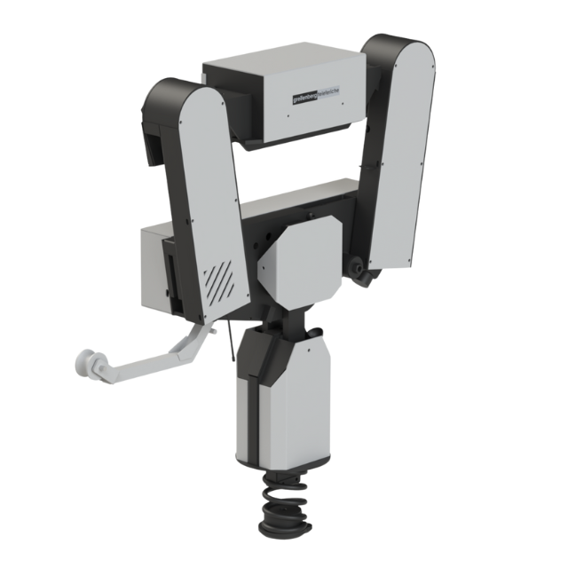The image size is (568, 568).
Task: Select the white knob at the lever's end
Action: pos(92,363)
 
